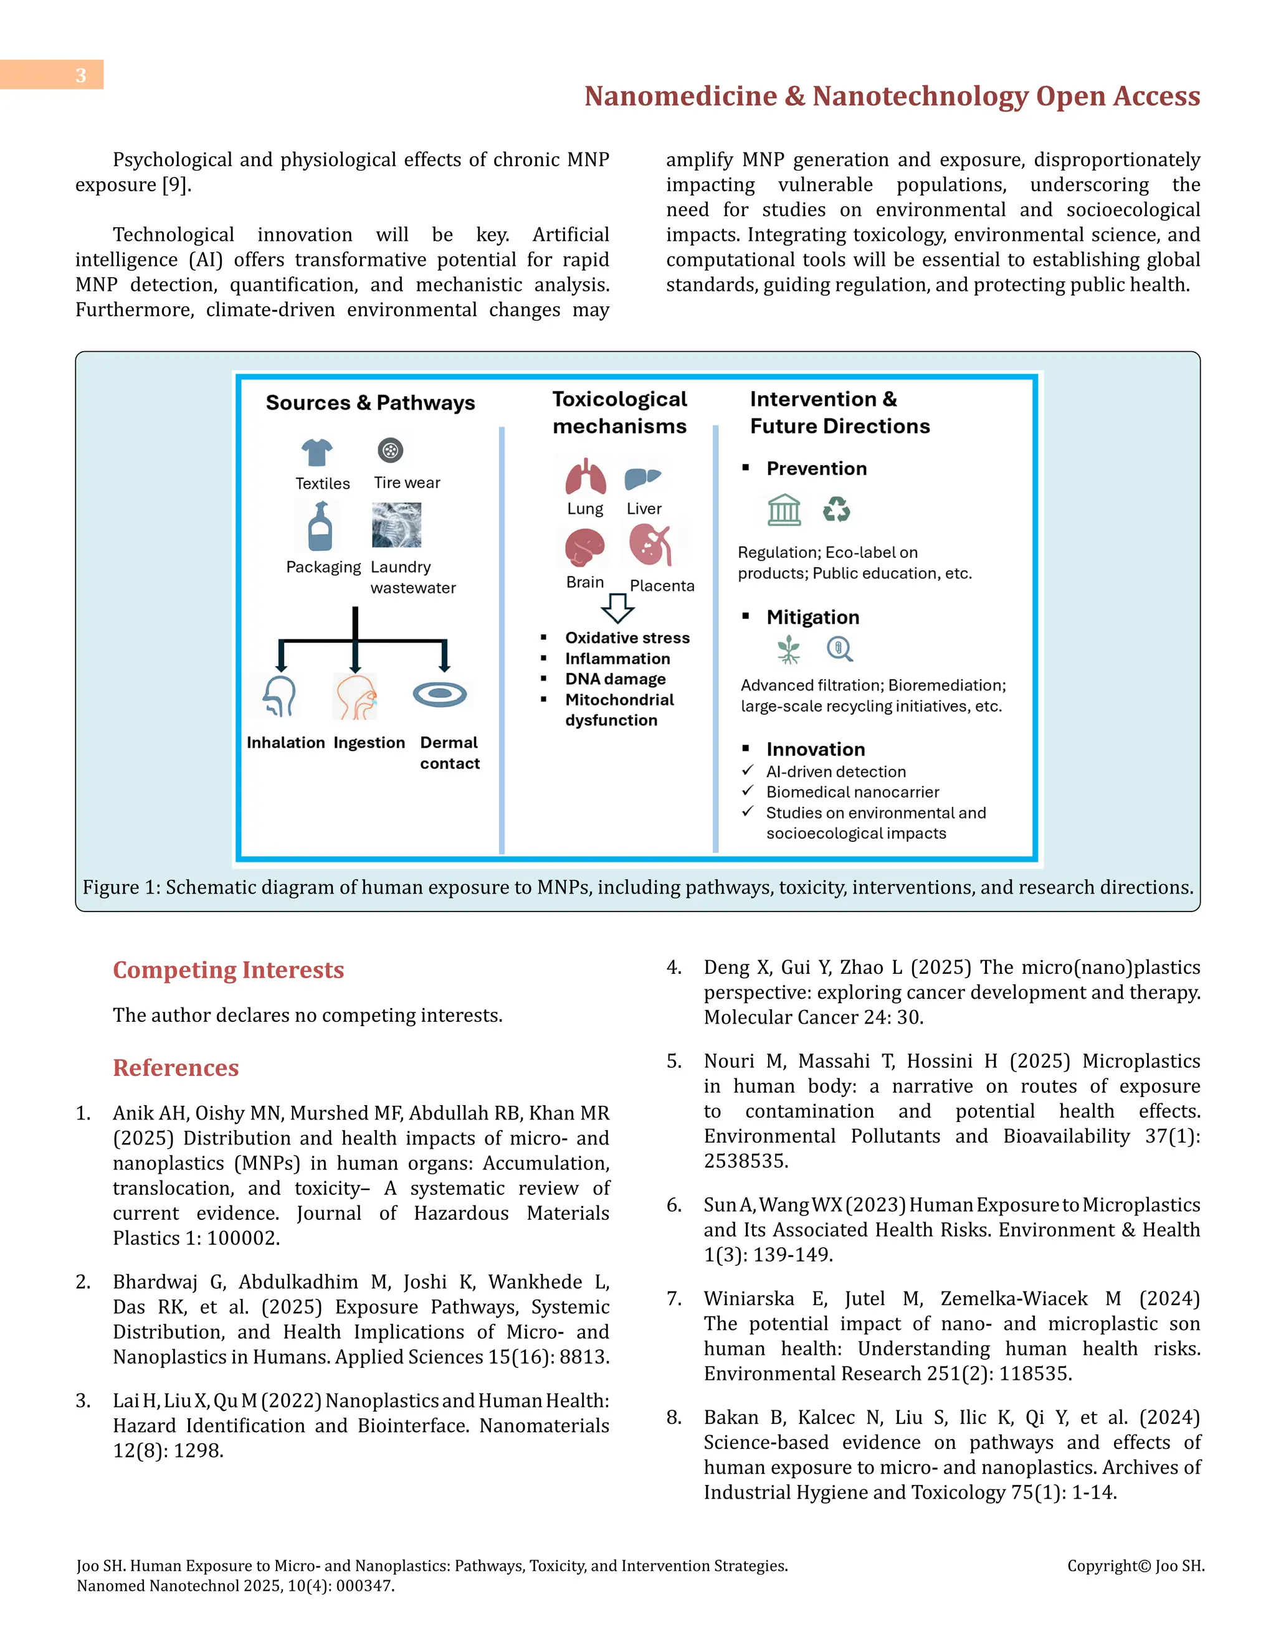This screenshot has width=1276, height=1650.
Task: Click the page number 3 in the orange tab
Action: point(80,75)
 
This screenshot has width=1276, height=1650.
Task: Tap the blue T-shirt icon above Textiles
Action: point(317,453)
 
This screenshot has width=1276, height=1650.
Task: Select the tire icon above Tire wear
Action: point(390,450)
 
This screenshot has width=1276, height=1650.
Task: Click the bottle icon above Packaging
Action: point(320,527)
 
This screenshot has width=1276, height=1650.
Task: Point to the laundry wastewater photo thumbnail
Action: point(396,525)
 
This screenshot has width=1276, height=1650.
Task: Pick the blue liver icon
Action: point(642,478)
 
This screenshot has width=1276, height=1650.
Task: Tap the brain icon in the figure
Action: point(585,547)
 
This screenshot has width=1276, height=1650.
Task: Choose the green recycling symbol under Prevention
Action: point(836,509)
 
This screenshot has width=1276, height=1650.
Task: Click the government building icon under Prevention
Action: point(784,509)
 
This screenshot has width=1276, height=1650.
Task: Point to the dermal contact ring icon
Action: point(440,694)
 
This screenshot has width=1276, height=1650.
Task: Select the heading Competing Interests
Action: point(228,969)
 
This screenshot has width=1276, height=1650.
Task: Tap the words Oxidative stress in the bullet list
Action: point(627,638)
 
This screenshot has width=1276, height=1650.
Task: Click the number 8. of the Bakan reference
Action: point(674,1417)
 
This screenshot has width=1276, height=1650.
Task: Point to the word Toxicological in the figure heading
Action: point(619,399)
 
